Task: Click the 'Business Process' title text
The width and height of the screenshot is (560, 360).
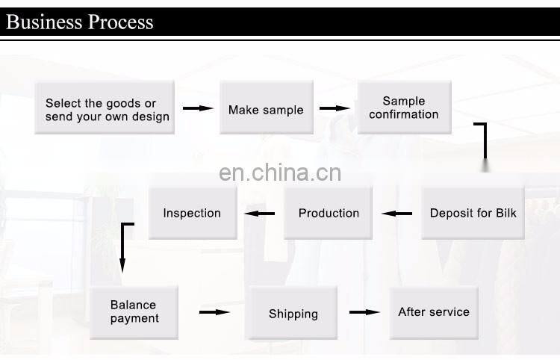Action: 80,21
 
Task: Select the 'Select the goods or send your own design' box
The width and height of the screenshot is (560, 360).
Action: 105,109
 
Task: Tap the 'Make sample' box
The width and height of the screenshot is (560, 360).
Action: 266,109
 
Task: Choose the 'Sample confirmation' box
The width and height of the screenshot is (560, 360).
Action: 404,108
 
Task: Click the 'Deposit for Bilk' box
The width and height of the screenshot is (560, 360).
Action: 473,213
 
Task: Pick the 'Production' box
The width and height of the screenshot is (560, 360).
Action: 329,213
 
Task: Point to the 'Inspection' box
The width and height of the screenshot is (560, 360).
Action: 192,213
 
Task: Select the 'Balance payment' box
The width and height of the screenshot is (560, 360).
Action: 134,311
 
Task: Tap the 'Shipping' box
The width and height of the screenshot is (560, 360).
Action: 293,314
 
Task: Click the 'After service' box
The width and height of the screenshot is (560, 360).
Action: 434,311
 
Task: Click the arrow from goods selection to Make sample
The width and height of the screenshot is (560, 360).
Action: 198,109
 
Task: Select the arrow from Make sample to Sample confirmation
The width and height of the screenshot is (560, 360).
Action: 335,109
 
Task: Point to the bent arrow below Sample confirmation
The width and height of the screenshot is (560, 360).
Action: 484,142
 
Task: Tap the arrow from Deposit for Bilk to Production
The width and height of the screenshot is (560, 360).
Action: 396,214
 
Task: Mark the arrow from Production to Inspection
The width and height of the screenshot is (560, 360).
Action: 260,214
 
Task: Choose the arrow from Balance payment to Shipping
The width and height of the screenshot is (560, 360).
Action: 214,312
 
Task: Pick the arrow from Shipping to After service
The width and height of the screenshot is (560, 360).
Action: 365,312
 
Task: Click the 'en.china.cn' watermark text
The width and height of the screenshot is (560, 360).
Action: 280,173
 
